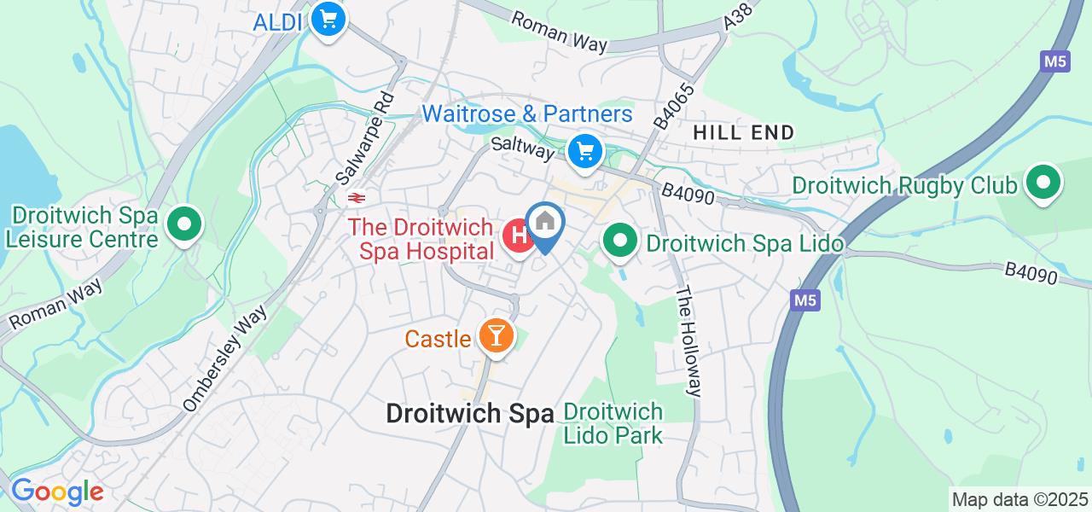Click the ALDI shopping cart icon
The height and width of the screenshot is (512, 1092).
pyautogui.click(x=327, y=20)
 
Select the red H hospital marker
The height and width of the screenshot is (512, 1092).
pyautogui.click(x=518, y=237)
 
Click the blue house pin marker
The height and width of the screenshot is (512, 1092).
pyautogui.click(x=545, y=224)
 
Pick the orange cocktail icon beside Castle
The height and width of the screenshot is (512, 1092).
pyautogui.click(x=494, y=336)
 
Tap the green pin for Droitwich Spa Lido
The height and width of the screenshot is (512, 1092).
pyautogui.click(x=620, y=241)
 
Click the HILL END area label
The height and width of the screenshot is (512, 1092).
pyautogui.click(x=743, y=132)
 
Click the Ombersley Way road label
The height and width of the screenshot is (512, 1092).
pyautogui.click(x=226, y=358)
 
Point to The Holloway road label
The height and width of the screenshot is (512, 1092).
pyautogui.click(x=689, y=340)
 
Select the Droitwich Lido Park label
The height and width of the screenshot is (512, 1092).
pyautogui.click(x=613, y=423)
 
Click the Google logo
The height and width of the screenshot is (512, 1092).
pyautogui.click(x=57, y=492)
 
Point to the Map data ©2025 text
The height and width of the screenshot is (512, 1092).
pyautogui.click(x=1019, y=499)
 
